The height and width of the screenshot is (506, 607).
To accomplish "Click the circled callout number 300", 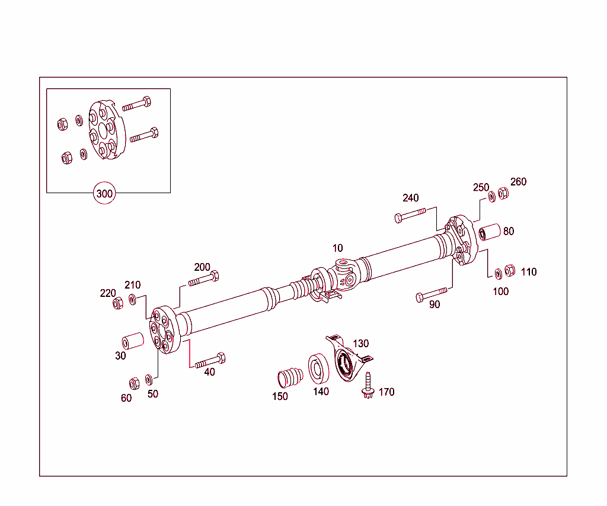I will [104, 194].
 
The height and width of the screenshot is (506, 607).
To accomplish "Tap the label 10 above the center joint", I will [337, 248].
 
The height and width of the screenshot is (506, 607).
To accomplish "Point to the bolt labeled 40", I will [210, 360].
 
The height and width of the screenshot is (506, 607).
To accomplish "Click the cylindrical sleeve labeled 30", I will [133, 342].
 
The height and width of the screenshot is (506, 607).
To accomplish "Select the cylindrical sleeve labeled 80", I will [490, 232].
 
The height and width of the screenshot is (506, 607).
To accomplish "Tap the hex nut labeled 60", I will [134, 382].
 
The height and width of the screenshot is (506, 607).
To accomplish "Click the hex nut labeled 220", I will [118, 303].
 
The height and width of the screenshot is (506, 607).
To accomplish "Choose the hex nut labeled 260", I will [503, 193].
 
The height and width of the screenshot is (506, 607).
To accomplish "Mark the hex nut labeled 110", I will [509, 270].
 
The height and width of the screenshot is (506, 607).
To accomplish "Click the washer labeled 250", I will [491, 196].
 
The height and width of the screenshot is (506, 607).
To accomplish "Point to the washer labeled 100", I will [498, 273].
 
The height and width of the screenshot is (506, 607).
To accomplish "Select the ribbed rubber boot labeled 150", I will [290, 377].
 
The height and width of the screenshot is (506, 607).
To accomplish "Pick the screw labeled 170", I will [368, 385].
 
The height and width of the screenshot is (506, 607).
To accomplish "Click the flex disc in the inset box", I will [104, 132].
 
